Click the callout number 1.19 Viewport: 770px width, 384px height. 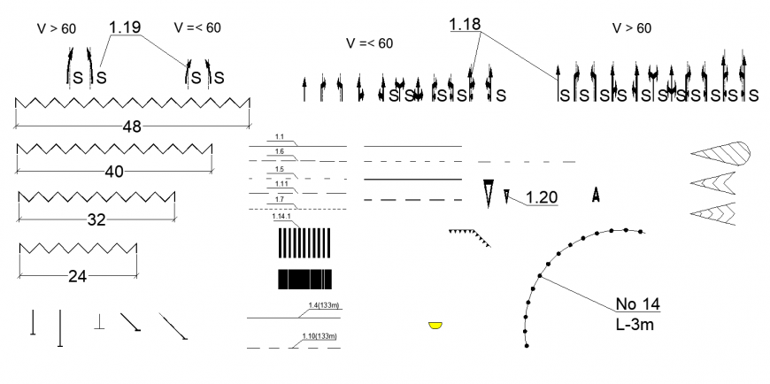(125, 27)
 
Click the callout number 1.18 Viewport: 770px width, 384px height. (465, 25)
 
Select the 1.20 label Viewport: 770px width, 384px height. (541, 198)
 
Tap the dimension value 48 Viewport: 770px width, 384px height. (132, 127)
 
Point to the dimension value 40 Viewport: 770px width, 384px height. (114, 172)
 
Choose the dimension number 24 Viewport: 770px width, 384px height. (78, 276)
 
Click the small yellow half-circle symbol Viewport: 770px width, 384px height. (435, 326)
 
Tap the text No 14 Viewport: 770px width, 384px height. (638, 304)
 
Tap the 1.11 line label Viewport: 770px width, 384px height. (281, 183)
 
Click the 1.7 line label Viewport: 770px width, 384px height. (279, 199)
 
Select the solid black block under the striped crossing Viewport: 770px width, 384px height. (304, 280)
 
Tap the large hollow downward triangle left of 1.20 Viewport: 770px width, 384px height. (488, 192)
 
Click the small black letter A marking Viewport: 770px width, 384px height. (597, 193)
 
